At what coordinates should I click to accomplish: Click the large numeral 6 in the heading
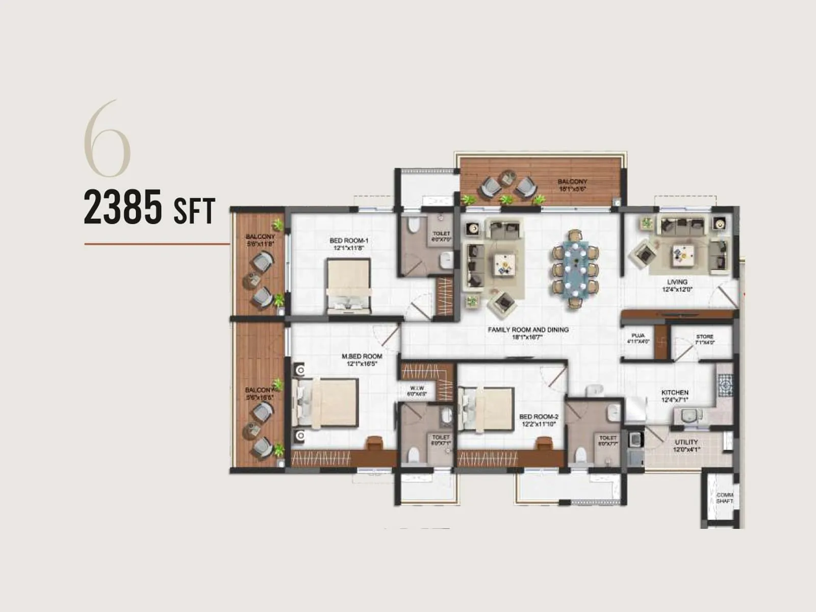tap(108, 139)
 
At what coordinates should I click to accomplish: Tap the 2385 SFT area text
tap(149, 207)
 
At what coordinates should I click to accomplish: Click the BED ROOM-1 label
tap(349, 244)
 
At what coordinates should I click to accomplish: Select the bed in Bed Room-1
tap(348, 286)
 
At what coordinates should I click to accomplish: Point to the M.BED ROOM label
tap(362, 360)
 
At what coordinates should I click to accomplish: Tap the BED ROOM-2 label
tap(539, 420)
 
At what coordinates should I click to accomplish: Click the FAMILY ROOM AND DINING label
tap(528, 333)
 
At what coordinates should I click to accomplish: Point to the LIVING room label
tap(677, 285)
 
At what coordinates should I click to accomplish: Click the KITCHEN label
tap(675, 396)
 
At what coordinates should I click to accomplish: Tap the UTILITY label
tap(686, 445)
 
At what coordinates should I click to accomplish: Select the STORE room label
tap(704, 339)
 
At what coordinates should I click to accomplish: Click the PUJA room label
tap(638, 338)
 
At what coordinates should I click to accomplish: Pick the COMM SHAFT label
tap(724, 498)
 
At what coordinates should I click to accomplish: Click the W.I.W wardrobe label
tap(417, 391)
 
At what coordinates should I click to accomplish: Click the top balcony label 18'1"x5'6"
tap(572, 185)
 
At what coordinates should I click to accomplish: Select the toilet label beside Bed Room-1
tap(441, 236)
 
